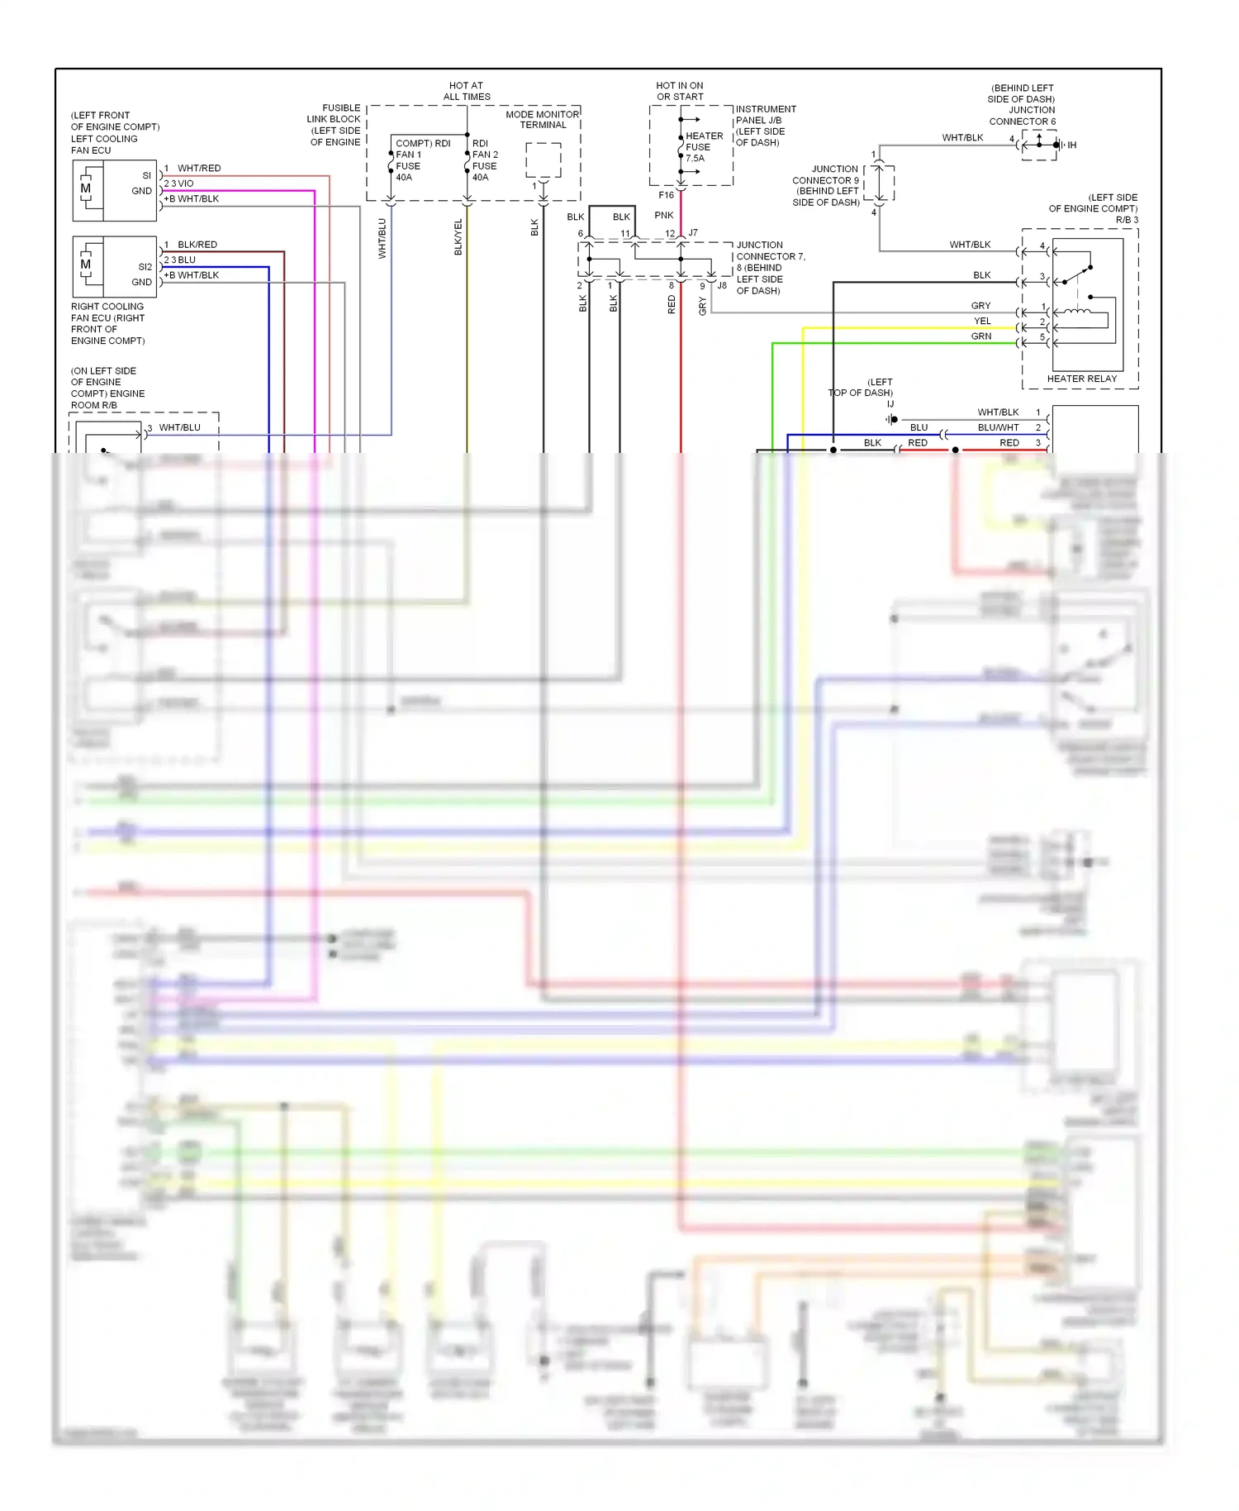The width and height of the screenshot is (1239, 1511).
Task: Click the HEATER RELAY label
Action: (1081, 379)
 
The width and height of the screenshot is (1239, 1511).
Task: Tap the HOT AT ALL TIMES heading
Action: (467, 91)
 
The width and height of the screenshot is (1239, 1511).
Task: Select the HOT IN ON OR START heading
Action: (680, 91)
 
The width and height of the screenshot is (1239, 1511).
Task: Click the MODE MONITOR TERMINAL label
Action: (543, 120)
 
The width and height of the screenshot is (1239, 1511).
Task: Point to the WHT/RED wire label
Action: (199, 169)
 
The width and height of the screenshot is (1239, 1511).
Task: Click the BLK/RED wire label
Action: (197, 245)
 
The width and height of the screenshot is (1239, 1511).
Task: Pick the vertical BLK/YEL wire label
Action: (458, 237)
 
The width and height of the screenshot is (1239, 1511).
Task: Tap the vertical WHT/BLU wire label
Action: (382, 238)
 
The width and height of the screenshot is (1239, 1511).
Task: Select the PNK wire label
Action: (664, 216)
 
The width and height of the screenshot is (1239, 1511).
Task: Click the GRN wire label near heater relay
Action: (981, 336)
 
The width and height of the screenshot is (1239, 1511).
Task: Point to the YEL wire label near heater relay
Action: (982, 322)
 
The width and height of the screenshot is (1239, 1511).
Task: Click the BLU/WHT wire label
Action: (998, 428)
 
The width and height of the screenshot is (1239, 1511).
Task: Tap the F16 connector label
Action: (667, 196)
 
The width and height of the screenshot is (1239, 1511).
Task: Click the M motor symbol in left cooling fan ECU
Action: (86, 188)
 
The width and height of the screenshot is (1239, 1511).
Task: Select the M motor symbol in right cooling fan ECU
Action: (86, 265)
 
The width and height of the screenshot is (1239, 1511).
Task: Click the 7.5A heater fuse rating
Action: (695, 159)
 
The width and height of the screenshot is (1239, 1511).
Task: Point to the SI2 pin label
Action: (145, 267)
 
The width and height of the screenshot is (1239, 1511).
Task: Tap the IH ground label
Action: (1072, 145)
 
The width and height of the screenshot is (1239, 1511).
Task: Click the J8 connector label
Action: (722, 286)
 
